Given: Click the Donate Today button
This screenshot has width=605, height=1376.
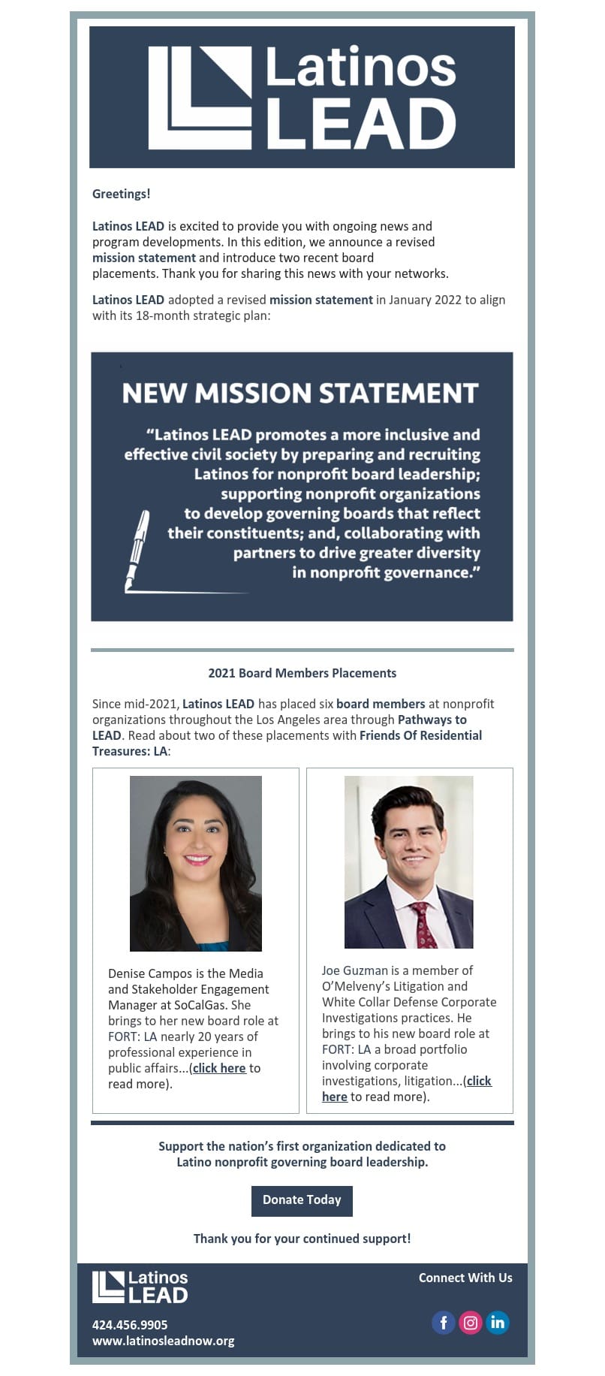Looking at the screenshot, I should click(x=302, y=1199).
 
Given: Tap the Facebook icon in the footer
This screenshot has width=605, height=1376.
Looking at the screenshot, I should click(x=443, y=1323).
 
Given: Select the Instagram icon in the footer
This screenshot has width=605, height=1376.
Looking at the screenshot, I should click(x=471, y=1323).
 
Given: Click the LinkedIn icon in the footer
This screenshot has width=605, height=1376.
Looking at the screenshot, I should click(x=498, y=1323).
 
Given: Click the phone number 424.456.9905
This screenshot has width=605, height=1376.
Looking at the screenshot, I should click(x=130, y=1325).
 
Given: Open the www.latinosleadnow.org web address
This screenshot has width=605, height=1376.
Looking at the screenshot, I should click(x=163, y=1341).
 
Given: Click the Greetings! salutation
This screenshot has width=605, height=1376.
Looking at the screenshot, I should click(x=121, y=194).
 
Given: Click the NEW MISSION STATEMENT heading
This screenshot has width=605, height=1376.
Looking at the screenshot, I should click(x=300, y=393).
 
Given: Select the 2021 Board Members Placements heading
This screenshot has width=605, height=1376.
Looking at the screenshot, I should click(x=302, y=673).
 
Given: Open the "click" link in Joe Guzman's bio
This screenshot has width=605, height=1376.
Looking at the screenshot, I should click(x=478, y=1081).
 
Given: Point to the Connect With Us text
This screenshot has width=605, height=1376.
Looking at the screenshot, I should click(x=465, y=1278).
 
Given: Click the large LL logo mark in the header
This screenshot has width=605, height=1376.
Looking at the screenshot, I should click(x=200, y=98).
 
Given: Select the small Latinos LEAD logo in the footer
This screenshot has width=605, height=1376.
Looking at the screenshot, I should click(x=140, y=1287).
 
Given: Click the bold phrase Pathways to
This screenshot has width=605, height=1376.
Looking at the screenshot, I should click(x=432, y=720).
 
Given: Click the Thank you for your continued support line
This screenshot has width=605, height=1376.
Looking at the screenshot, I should click(x=302, y=1239).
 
